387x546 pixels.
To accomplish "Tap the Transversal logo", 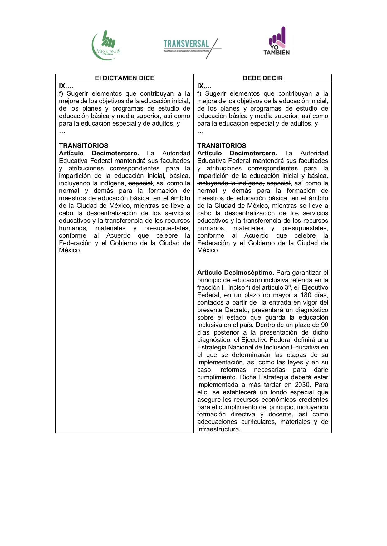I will pyautogui.click(x=191, y=46).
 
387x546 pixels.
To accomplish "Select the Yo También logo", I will pyautogui.click(x=277, y=41).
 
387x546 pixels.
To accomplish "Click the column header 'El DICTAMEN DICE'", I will pyautogui.click(x=125, y=78).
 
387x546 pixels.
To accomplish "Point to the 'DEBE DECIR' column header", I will pyautogui.click(x=263, y=78).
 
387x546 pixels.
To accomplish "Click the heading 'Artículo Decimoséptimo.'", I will pyautogui.click(x=236, y=273).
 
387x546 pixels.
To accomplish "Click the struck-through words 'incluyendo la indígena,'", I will pyautogui.click(x=231, y=183).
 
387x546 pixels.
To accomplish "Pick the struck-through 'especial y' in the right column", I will pyautogui.click(x=265, y=123).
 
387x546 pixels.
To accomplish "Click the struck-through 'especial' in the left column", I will pyautogui.click(x=140, y=183).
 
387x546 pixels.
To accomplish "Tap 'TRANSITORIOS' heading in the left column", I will pyautogui.click(x=84, y=146).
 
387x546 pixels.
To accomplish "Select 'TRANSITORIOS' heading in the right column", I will pyautogui.click(x=222, y=146).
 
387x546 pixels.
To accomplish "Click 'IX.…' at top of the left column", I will pyautogui.click(x=66, y=86).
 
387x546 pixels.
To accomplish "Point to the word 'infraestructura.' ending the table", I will pyautogui.click(x=218, y=429).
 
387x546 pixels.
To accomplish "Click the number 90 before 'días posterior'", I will pyautogui.click(x=324, y=325).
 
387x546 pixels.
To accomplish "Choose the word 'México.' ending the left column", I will pyautogui.click(x=70, y=250).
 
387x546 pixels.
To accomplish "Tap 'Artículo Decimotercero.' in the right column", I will pyautogui.click(x=237, y=153).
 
